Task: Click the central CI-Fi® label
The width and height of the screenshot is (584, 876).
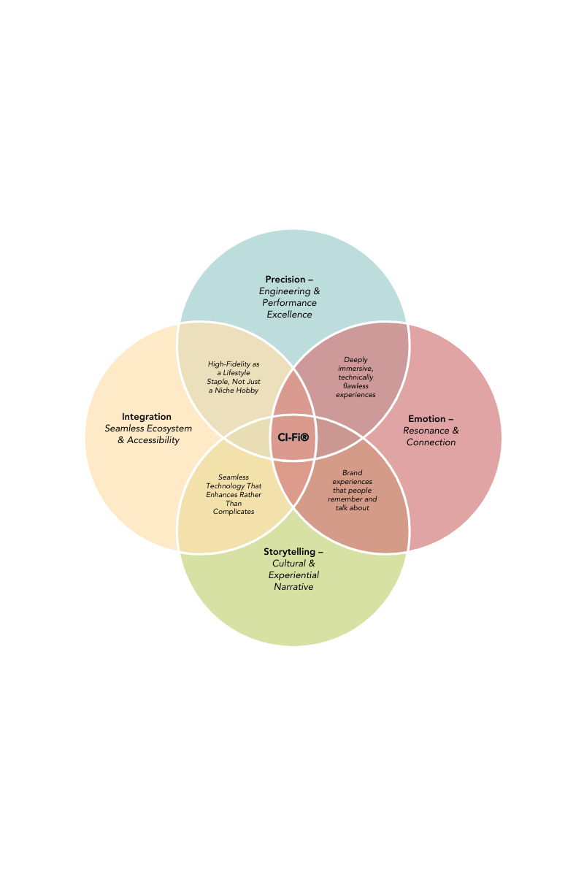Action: coord(293,437)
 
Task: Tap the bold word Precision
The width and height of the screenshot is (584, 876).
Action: coord(285,280)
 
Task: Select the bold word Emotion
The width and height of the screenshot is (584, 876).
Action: coord(426,419)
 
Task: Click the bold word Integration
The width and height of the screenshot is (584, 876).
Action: coord(147,417)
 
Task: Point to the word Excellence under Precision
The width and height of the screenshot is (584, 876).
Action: coord(289,315)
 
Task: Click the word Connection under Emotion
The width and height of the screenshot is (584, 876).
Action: coord(431,442)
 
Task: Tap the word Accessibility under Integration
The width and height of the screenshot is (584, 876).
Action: coord(153,440)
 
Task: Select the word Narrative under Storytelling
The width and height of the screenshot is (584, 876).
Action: coord(293,587)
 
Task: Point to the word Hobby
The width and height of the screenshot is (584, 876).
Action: coord(247,391)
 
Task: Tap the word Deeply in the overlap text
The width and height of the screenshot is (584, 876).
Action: coord(356,360)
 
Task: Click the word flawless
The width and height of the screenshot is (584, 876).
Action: coord(356,386)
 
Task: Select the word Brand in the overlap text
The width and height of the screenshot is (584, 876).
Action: coord(353,473)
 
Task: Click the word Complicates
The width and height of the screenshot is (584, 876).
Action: coord(234,512)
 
